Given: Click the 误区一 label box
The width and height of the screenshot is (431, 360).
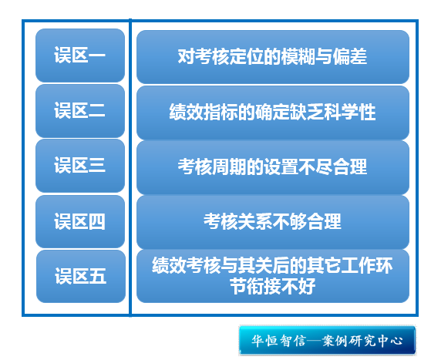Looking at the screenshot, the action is (80, 56).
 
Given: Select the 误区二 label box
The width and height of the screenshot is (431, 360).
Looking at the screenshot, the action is (80, 111).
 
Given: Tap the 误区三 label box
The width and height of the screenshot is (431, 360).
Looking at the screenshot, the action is (80, 166).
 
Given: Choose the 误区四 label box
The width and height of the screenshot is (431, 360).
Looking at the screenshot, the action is (80, 222).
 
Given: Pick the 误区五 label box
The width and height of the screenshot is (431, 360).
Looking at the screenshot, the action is (81, 276).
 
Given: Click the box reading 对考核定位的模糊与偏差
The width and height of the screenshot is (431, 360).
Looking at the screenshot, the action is (273, 57).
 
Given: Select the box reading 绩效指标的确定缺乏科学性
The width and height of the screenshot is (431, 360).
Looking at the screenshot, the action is (273, 113).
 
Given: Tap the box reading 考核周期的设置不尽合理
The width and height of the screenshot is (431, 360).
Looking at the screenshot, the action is (273, 167).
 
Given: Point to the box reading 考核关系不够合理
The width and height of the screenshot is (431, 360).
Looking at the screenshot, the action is (273, 222).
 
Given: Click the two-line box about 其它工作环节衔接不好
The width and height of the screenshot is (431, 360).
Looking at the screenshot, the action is (273, 276).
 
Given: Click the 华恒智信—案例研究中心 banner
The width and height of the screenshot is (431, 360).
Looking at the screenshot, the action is (327, 341).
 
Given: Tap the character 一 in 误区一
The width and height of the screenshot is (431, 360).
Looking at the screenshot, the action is (97, 56).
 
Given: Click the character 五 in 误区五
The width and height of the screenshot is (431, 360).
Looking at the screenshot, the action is (98, 276).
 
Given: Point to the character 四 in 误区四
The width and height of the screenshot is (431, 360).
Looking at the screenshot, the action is (97, 222).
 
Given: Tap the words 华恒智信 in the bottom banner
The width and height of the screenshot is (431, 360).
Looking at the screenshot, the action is (278, 341).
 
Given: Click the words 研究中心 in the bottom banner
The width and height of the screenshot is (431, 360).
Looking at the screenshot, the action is (375, 341).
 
